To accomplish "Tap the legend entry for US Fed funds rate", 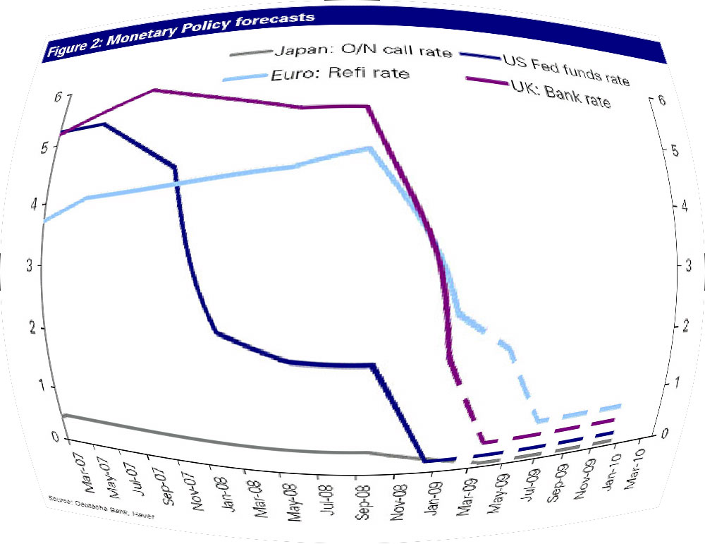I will pyautogui.click(x=564, y=69).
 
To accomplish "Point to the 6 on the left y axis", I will pyautogui.click(x=57, y=97).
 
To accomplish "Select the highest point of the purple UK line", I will pyautogui.click(x=154, y=90).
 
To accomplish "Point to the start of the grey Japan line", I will pyautogui.click(x=64, y=415).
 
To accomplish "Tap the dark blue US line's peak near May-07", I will pyautogui.click(x=104, y=124).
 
